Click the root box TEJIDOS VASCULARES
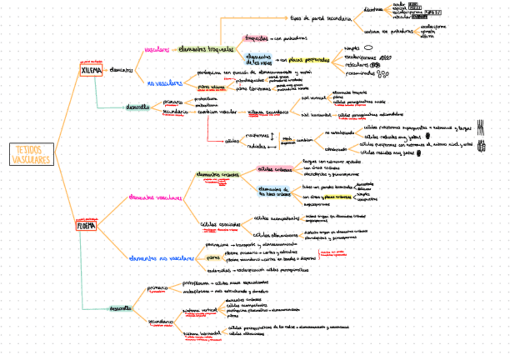(30, 154)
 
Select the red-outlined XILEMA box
(88, 70)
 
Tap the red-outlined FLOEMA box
(86, 226)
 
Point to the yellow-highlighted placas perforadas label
(309, 60)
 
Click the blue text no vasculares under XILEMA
(165, 83)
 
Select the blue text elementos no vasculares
(161, 258)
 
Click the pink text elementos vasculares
(155, 197)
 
